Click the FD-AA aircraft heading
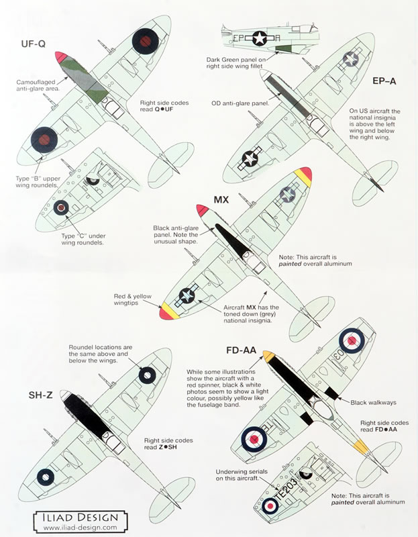(x=246, y=349)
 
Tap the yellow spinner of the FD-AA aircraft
(x=268, y=356)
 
